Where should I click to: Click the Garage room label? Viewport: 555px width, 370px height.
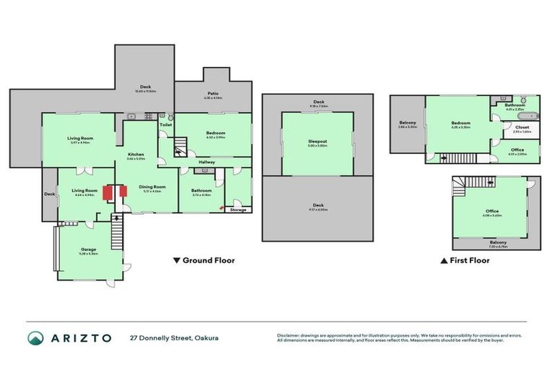click(89, 249)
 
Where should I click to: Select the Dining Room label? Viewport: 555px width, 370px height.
click(152, 186)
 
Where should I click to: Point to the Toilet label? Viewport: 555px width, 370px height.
click(165, 125)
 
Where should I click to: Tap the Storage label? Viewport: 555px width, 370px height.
click(238, 210)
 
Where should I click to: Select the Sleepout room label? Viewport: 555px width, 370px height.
click(318, 143)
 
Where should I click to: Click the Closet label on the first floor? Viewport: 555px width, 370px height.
click(522, 128)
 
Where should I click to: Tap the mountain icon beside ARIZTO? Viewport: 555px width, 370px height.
click(35, 337)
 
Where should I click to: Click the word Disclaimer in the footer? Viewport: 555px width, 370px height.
click(289, 335)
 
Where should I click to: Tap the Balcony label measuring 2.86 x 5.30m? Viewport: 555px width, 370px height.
click(408, 123)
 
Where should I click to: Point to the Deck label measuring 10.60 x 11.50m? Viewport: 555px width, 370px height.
click(145, 89)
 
